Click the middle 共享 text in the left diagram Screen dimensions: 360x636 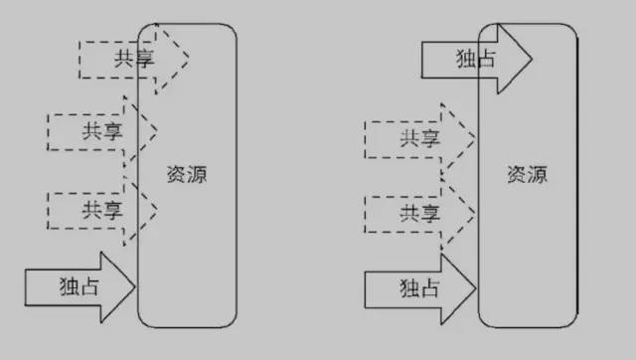100,130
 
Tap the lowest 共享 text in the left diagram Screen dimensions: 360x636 101,210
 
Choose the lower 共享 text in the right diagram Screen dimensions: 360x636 419,213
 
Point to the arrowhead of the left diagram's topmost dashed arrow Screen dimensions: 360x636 175,54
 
